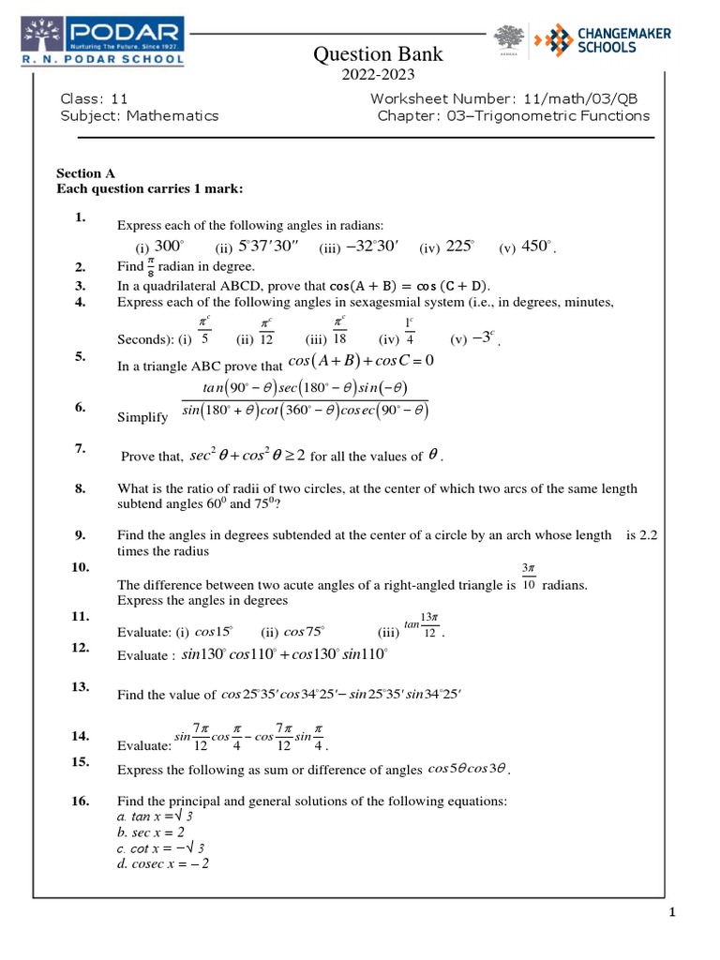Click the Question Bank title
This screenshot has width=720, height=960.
pos(378,55)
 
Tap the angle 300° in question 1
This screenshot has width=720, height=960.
pos(169,247)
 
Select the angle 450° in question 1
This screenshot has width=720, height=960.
pos(537,247)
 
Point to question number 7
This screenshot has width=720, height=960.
pos(80,450)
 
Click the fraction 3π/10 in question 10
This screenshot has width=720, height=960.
pos(528,577)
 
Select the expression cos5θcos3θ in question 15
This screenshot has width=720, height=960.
pos(467,769)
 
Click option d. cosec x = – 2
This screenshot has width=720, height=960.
pos(162,863)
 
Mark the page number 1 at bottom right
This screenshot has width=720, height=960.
pos(672,912)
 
